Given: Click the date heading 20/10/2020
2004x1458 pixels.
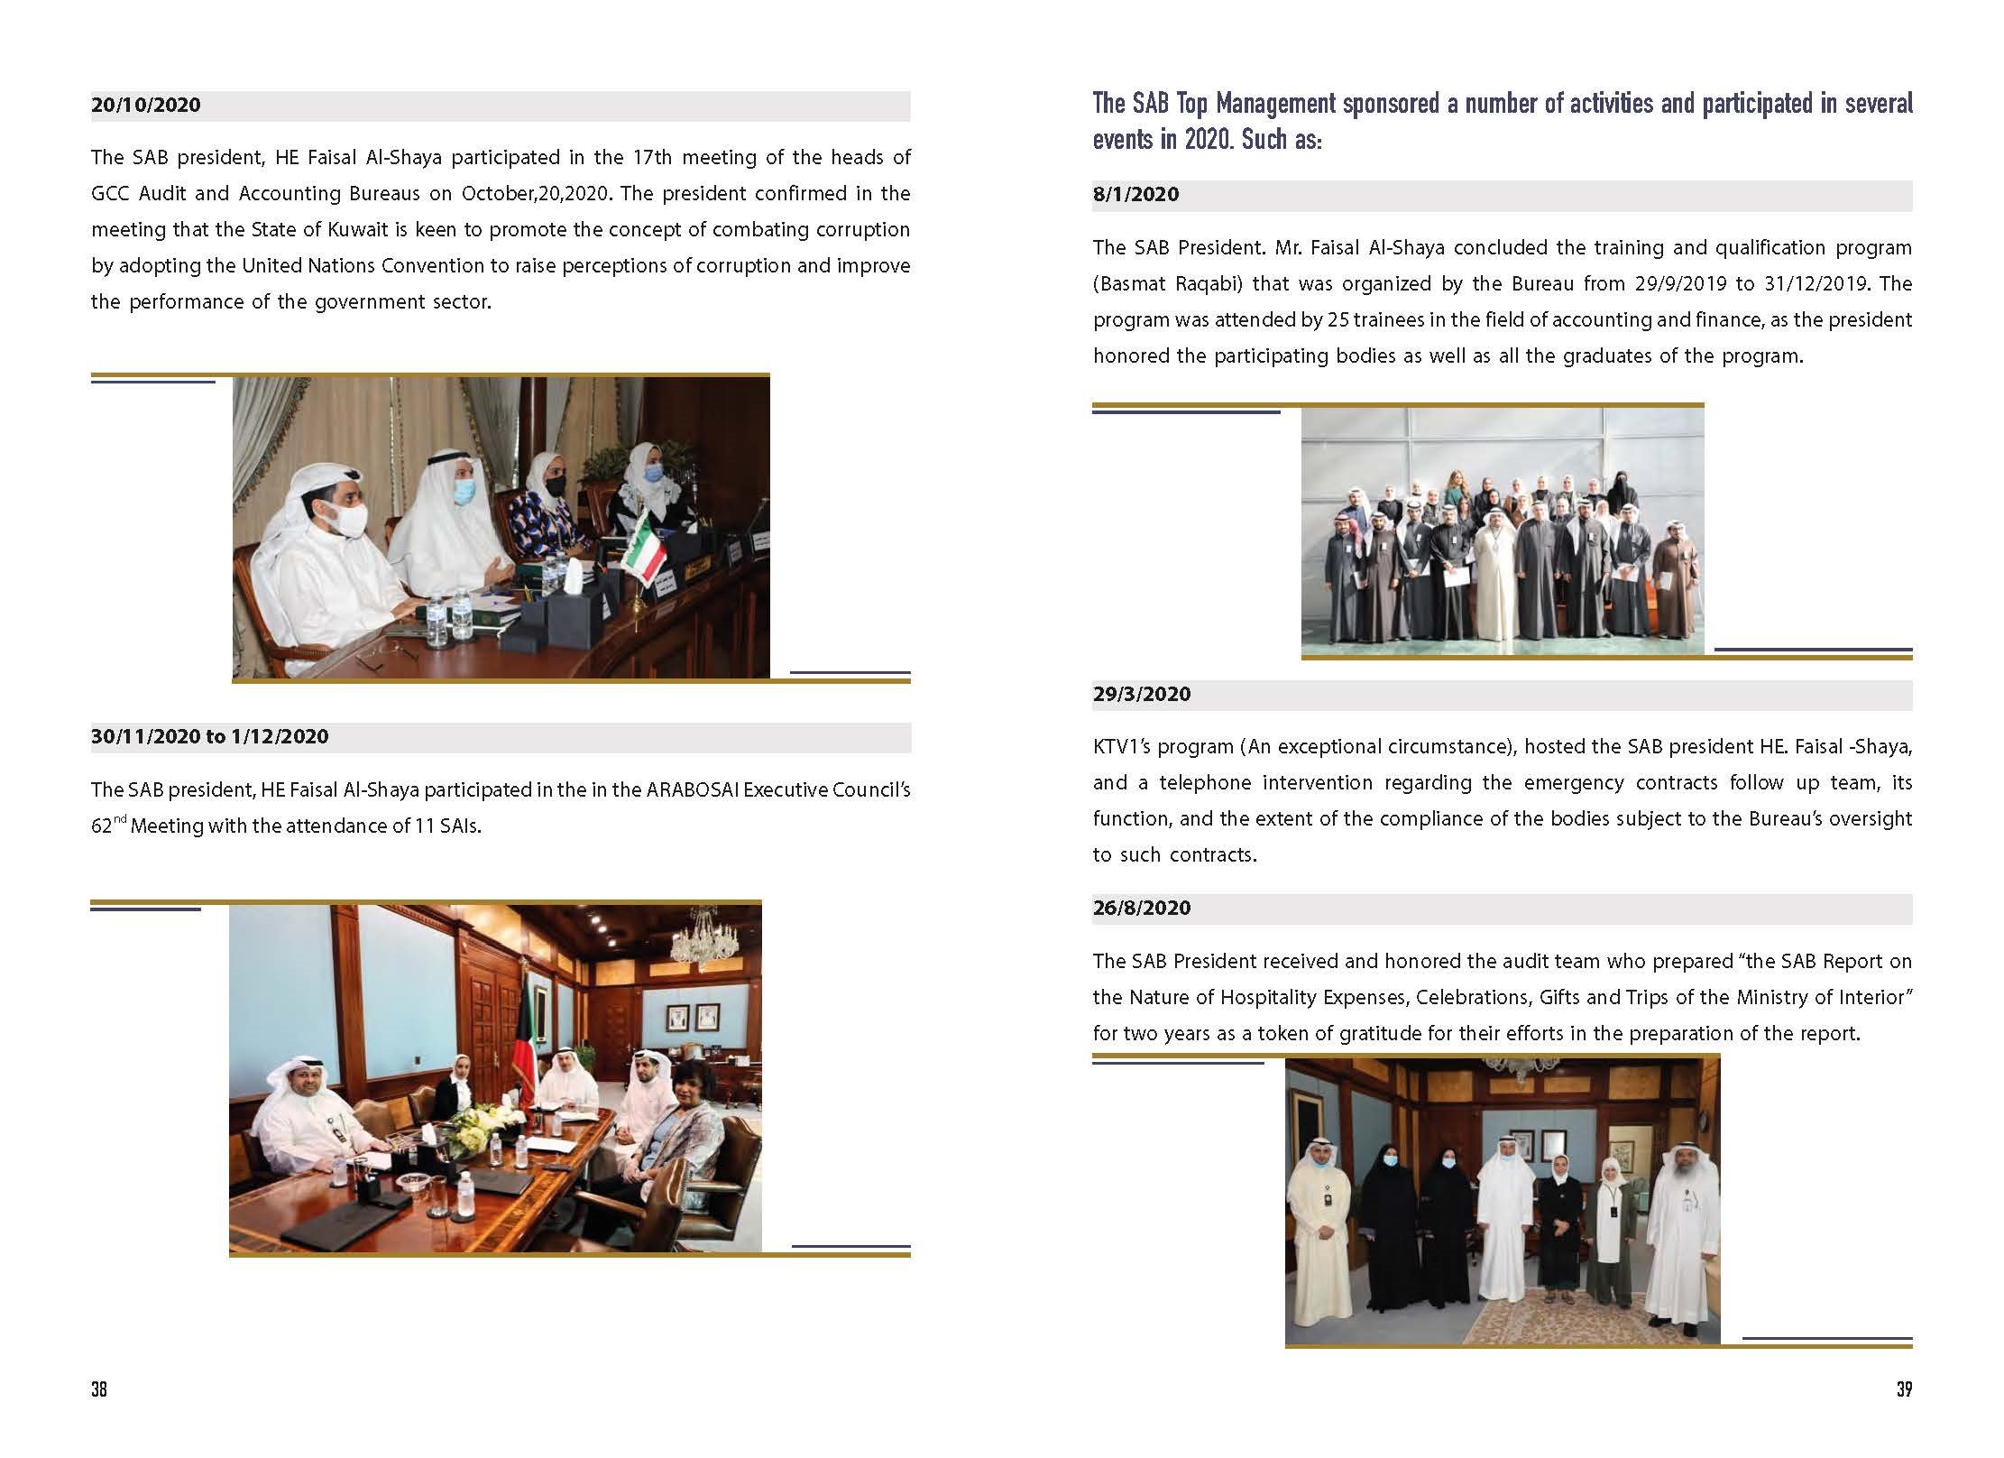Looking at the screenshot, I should (146, 106).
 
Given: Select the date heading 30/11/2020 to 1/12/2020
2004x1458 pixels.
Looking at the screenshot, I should (210, 737).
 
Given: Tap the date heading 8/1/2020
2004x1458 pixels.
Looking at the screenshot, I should (1135, 195).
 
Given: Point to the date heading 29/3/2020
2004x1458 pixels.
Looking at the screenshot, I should (1142, 695).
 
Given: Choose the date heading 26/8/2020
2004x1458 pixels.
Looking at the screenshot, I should (1142, 909).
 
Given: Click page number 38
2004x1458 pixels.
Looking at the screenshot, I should (99, 1390).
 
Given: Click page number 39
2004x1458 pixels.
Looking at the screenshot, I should (1904, 1390).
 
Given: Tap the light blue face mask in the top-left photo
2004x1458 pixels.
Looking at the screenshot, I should (464, 492).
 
